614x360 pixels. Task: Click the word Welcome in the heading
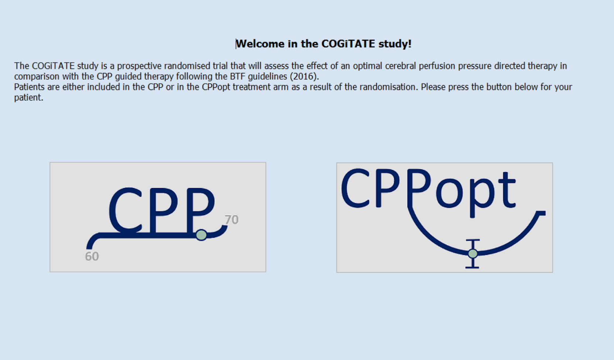(x=261, y=44)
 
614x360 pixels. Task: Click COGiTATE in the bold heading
(x=348, y=44)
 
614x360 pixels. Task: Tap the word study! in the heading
(x=395, y=44)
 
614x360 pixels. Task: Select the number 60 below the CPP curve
(x=92, y=256)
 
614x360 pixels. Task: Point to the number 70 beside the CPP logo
(x=232, y=220)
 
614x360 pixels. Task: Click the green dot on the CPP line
(x=201, y=235)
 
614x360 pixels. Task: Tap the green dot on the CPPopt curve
(x=473, y=254)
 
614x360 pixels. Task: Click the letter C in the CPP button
(x=125, y=210)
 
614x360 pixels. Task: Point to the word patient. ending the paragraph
(x=29, y=98)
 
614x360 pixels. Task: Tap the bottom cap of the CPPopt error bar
(x=472, y=267)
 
